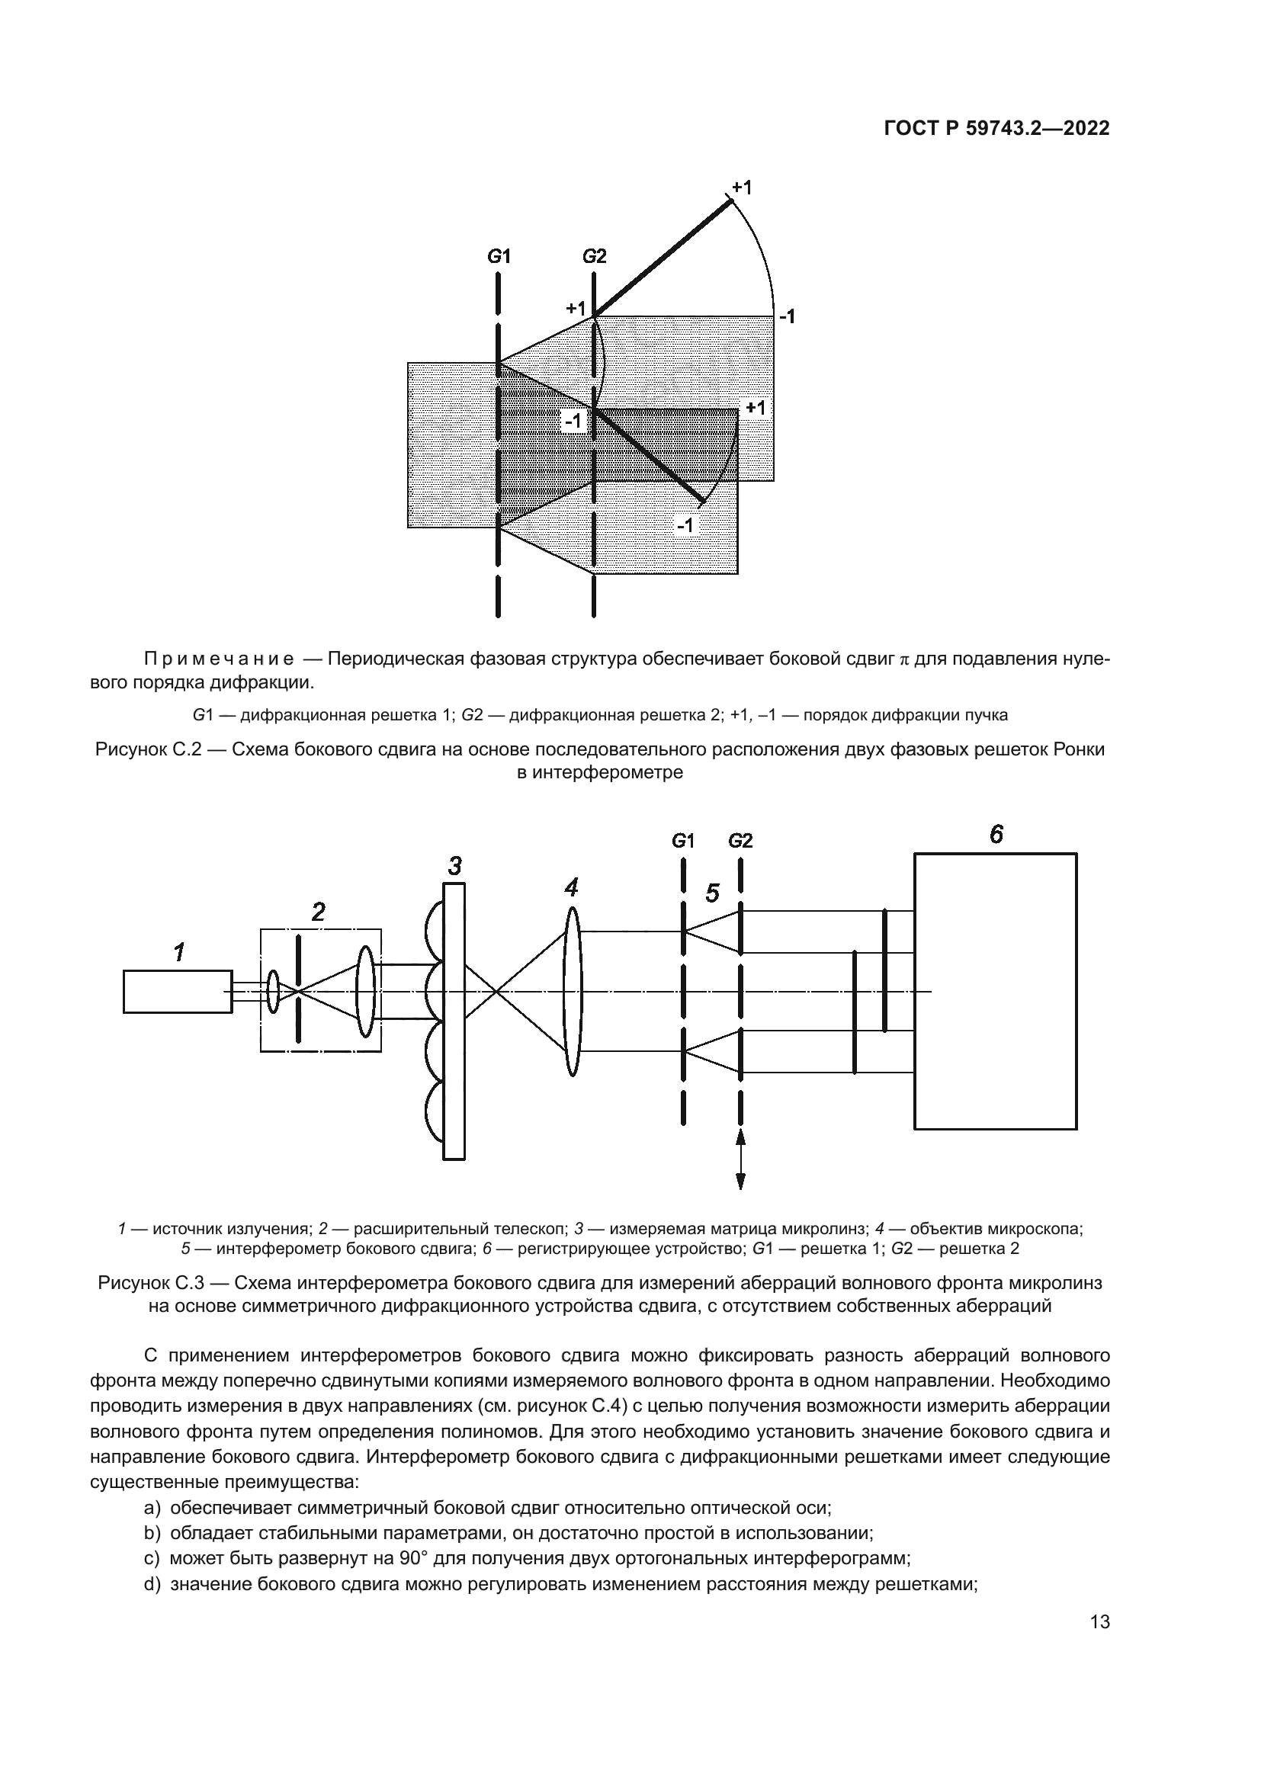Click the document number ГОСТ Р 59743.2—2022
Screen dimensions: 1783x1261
coord(997,129)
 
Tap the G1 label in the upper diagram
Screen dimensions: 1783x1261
coord(499,256)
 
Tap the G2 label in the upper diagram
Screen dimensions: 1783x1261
coord(594,256)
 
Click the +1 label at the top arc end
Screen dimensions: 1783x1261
coord(742,188)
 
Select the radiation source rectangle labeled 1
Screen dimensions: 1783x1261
coord(178,992)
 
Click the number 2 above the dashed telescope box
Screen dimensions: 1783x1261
coord(319,912)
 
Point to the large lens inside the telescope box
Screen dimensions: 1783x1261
coord(366,991)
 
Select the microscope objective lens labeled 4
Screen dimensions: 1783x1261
coord(573,992)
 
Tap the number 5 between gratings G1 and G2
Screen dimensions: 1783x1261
coord(712,894)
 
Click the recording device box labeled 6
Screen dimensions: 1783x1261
coord(995,991)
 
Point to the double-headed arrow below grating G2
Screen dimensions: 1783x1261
coord(740,1159)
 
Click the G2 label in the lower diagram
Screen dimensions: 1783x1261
coord(740,841)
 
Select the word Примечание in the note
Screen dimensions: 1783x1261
coord(219,659)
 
